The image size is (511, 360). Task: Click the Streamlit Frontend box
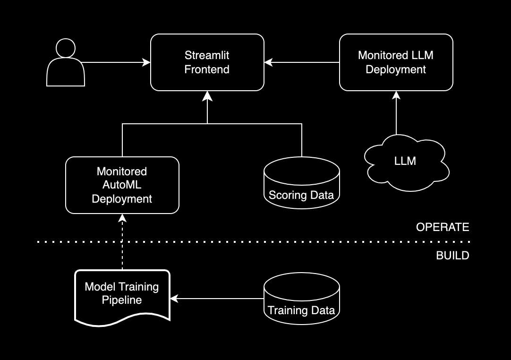click(207, 62)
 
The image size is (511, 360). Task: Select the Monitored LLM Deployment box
click(396, 62)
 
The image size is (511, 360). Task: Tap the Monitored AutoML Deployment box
click(122, 185)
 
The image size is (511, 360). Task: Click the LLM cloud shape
click(405, 161)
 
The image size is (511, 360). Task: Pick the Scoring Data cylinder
click(301, 184)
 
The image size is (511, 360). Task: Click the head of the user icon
click(66, 48)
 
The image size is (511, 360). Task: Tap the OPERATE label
click(443, 227)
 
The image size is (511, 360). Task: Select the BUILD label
click(452, 256)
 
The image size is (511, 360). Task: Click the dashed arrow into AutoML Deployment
click(122, 241)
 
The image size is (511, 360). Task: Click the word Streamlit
click(207, 56)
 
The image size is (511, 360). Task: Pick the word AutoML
click(122, 185)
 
